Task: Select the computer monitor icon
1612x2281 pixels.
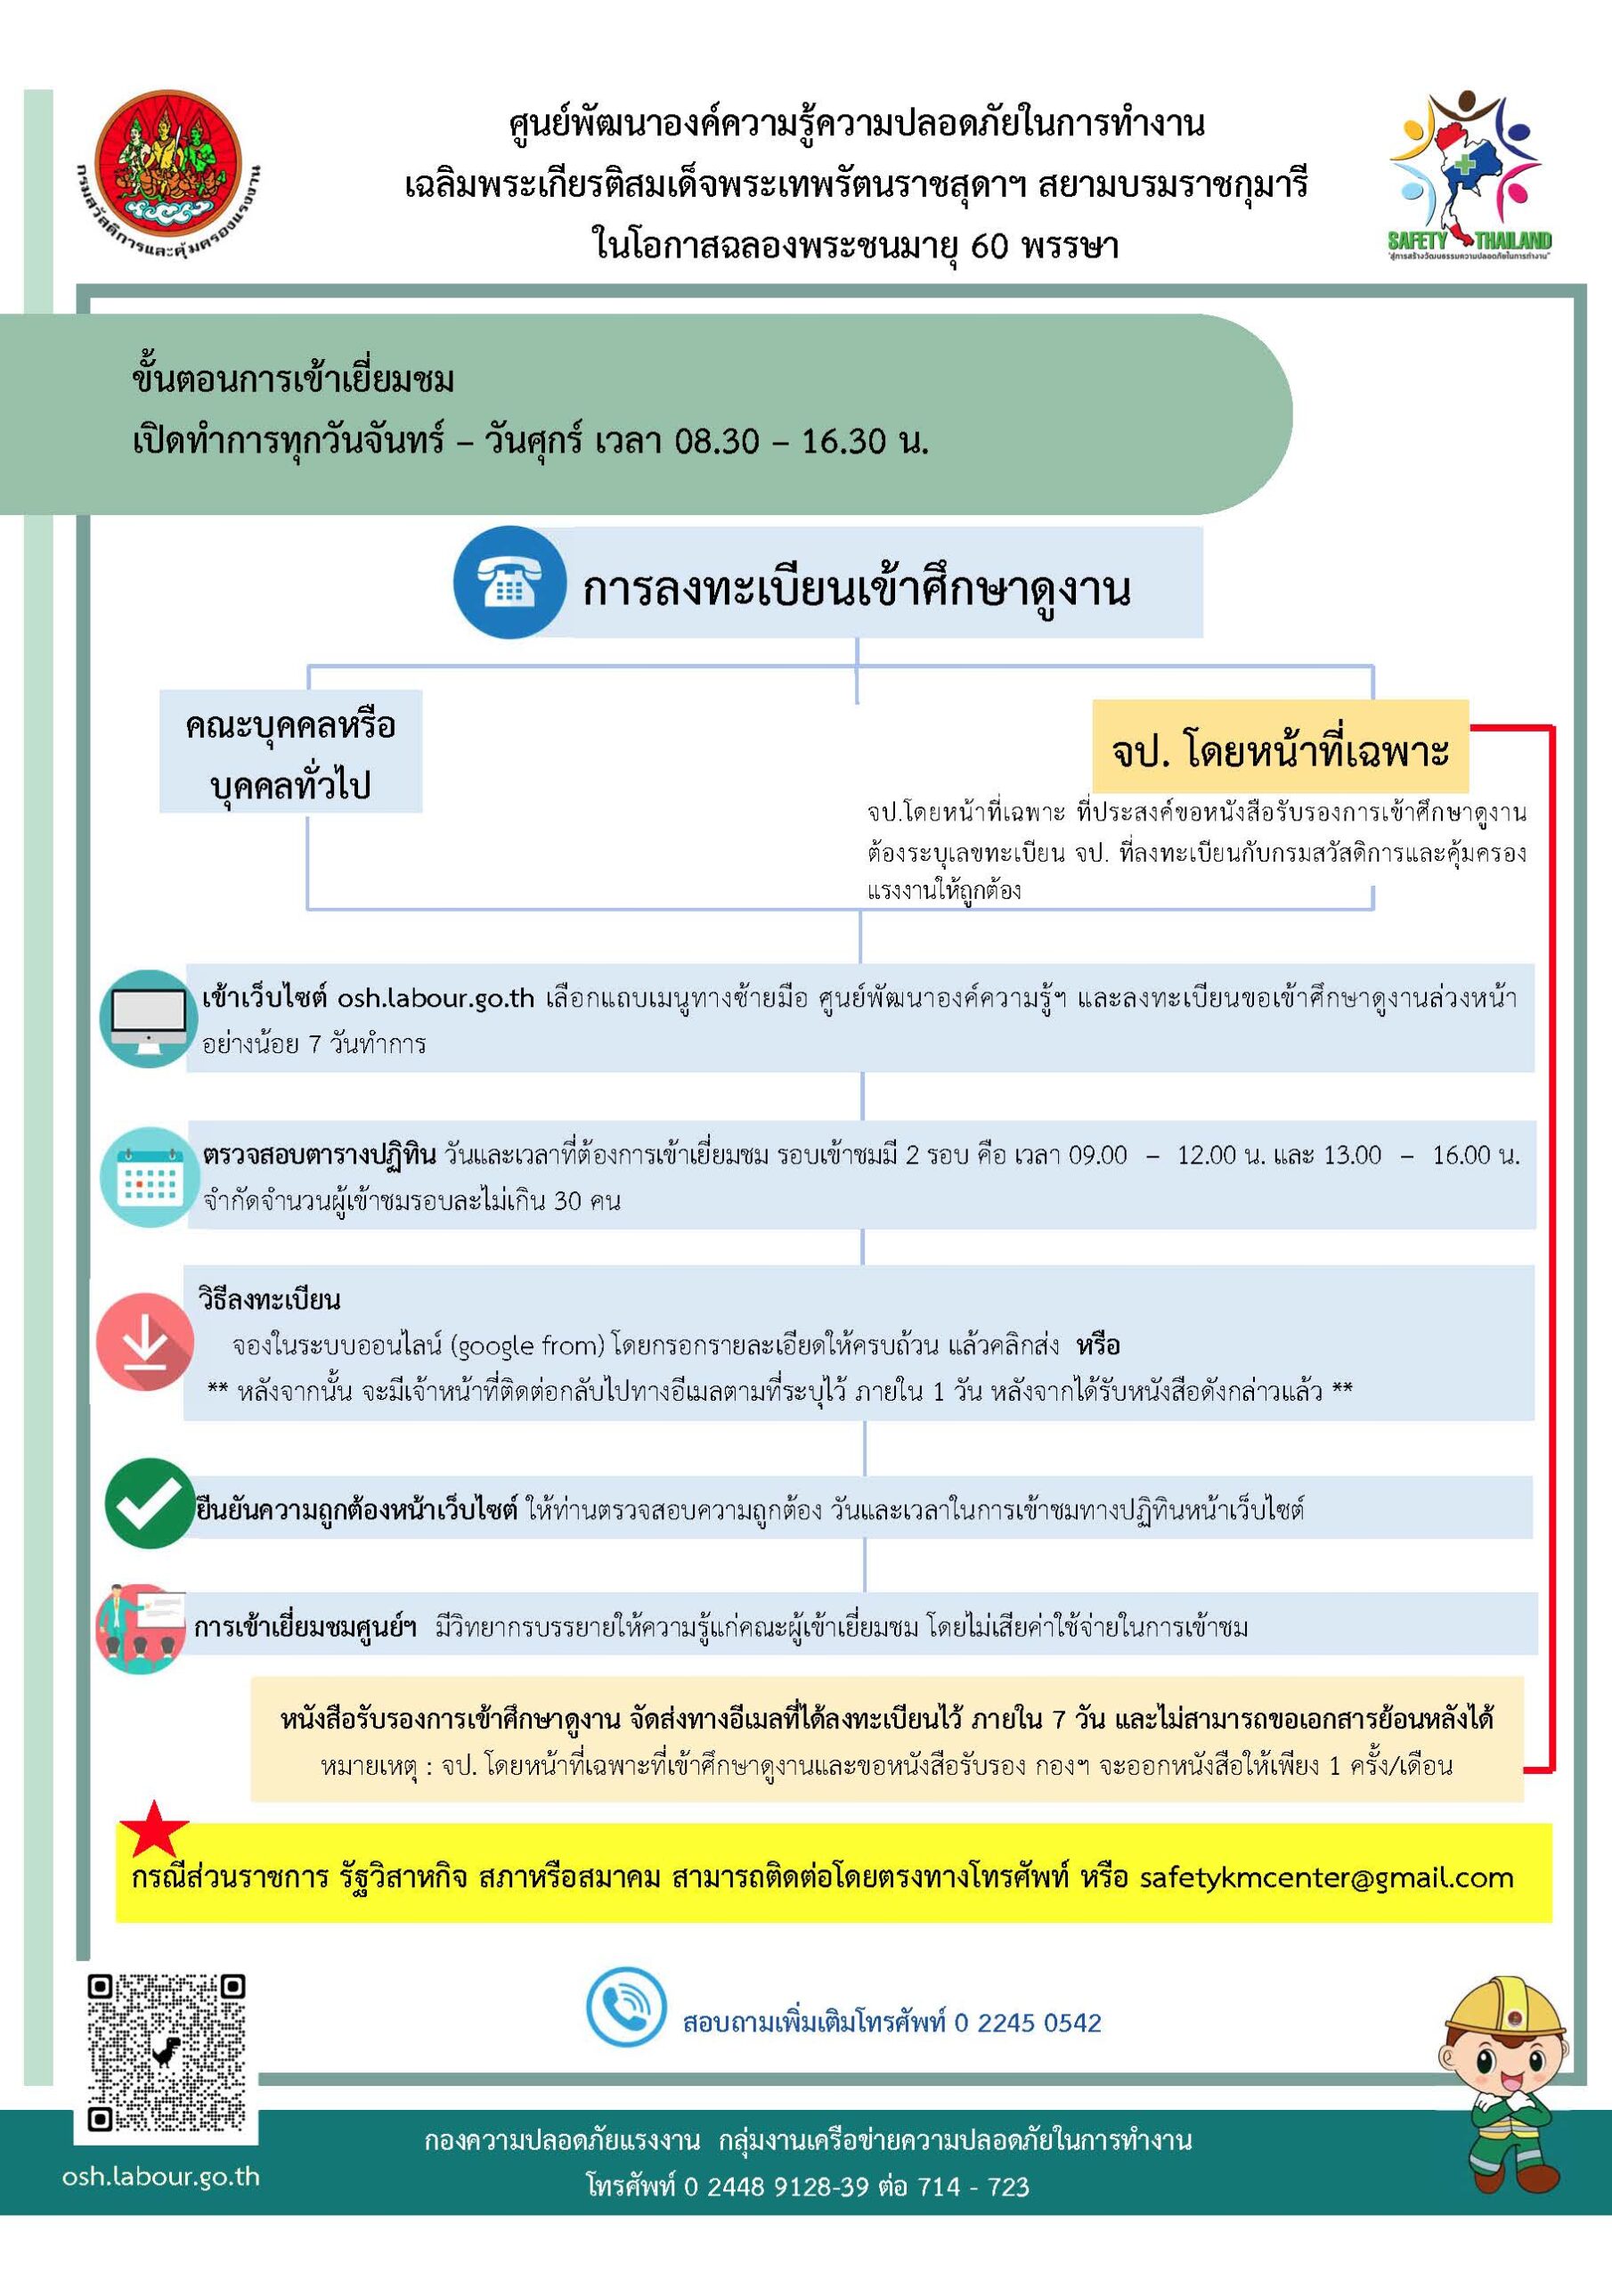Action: point(147,1018)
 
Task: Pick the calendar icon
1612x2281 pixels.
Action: point(147,1177)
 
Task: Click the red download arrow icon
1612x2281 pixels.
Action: point(145,1341)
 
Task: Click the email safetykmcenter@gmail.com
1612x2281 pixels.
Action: point(1326,1877)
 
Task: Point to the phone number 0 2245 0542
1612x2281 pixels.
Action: point(1027,2023)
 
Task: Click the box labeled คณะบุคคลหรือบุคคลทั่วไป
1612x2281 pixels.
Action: point(290,753)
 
